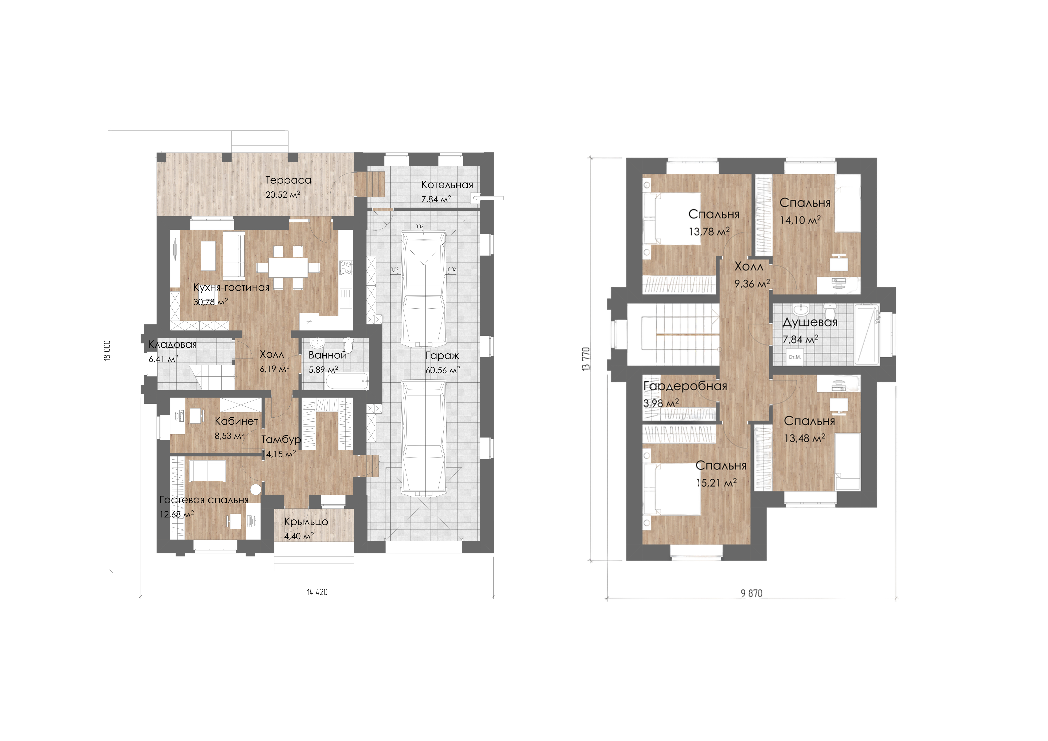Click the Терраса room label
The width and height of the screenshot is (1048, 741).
point(289,180)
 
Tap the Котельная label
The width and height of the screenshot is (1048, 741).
point(447,185)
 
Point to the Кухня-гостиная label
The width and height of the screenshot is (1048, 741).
point(231,287)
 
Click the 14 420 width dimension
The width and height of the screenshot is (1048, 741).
point(317,592)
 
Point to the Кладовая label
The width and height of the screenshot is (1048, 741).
point(173,345)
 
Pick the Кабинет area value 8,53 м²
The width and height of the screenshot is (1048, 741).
point(230,436)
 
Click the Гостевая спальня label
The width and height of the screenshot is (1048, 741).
point(204,500)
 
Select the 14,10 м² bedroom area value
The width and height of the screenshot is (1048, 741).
point(800,220)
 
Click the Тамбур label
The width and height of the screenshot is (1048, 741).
point(281,439)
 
